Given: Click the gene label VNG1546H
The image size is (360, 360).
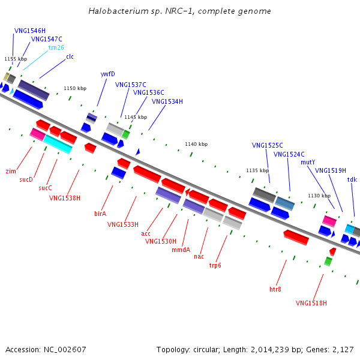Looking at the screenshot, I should (30, 30).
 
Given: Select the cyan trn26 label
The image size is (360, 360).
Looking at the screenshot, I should (56, 47).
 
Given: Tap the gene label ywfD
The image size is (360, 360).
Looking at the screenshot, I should (108, 74).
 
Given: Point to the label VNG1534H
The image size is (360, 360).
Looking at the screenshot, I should (167, 101).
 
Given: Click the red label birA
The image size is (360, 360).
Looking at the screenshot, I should (100, 213).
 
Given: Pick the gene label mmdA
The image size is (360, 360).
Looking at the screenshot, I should (181, 250).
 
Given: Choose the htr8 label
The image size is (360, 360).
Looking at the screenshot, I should (275, 289).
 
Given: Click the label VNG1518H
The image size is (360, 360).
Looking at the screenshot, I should (311, 303).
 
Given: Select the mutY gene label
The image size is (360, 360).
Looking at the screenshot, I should (308, 162).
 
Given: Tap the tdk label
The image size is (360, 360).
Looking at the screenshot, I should (352, 179).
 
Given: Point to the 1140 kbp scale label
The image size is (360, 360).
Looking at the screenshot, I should (196, 144).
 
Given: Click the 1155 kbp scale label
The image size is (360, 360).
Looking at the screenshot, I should (16, 59).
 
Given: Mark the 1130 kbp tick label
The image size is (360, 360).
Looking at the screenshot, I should (319, 196).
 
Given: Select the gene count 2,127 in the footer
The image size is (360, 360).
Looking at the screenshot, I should (343, 349).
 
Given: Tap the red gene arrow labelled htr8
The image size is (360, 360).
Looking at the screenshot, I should (296, 237).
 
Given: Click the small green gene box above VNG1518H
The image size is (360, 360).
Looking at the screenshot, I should (328, 262).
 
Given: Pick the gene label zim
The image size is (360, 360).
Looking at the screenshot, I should (11, 171).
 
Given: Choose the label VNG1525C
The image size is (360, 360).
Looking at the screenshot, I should (268, 145).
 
